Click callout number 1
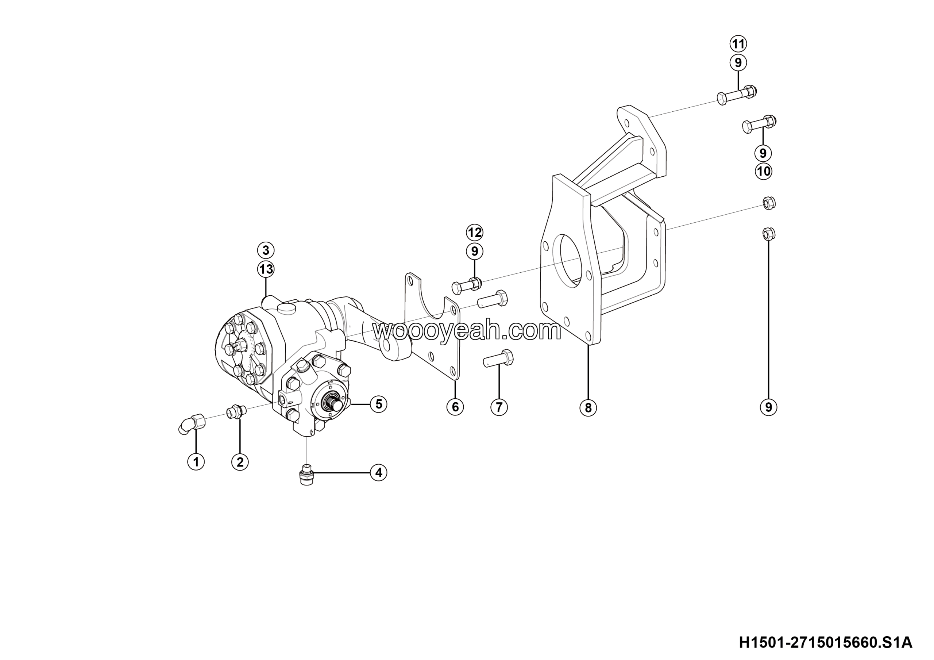point(196,462)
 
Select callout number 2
point(240,462)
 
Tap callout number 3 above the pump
point(266,250)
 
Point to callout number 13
point(266,269)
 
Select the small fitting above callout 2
point(236,411)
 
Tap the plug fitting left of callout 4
point(308,475)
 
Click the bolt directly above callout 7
point(499,358)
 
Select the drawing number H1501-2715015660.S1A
point(826,643)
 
